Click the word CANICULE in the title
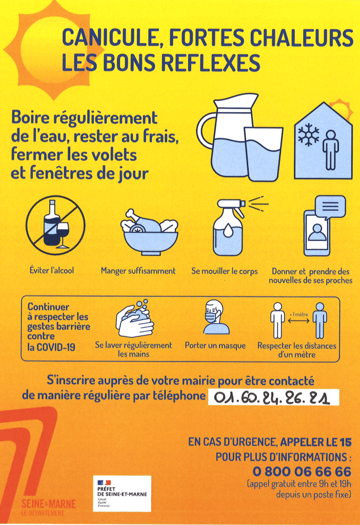[110, 37]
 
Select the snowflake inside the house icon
[308, 135]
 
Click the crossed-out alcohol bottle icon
[55, 226]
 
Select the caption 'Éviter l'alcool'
[52, 270]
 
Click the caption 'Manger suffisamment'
[138, 271]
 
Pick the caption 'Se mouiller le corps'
[225, 271]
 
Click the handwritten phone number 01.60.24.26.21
[272, 398]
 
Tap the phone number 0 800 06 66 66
[302, 472]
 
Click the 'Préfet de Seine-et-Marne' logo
[122, 494]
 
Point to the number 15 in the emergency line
[346, 442]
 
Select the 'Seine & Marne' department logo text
[49, 504]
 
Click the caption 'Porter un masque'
[215, 346]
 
